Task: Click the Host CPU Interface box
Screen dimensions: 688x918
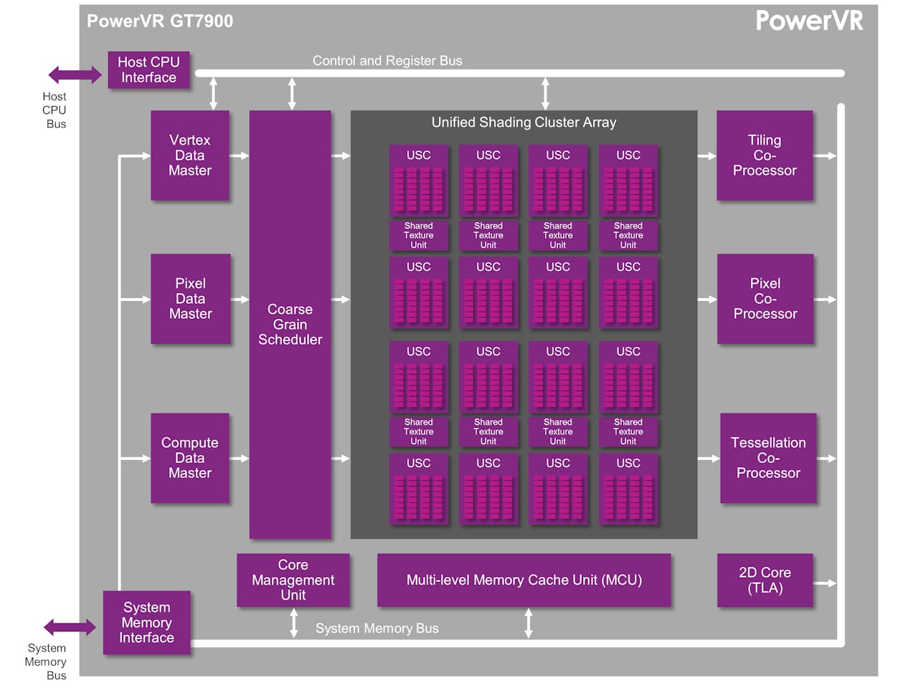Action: pyautogui.click(x=148, y=70)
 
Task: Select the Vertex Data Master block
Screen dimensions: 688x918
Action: pyautogui.click(x=190, y=156)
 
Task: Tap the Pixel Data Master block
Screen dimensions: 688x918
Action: pyautogui.click(x=191, y=299)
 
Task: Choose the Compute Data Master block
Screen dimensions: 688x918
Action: pyautogui.click(x=190, y=458)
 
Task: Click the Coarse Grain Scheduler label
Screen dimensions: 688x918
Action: pyautogui.click(x=290, y=325)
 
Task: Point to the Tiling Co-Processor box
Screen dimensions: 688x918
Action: pyautogui.click(x=765, y=156)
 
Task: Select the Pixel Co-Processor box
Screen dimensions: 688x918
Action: pyautogui.click(x=765, y=299)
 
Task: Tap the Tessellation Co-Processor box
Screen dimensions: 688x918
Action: pyautogui.click(x=768, y=458)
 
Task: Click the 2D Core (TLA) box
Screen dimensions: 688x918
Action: pyautogui.click(x=765, y=580)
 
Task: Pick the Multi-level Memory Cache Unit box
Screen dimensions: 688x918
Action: pyautogui.click(x=524, y=580)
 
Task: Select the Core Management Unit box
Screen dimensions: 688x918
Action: pyautogui.click(x=293, y=580)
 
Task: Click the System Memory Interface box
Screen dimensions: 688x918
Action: pyautogui.click(x=146, y=623)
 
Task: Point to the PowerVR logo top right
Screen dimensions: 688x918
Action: pyautogui.click(x=809, y=21)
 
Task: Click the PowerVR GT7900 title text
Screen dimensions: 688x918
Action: pyautogui.click(x=160, y=21)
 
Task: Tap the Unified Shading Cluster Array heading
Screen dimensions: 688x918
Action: pyautogui.click(x=524, y=123)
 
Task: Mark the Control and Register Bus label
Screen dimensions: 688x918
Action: pyautogui.click(x=387, y=61)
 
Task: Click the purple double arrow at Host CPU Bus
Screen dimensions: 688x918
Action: pyautogui.click(x=75, y=75)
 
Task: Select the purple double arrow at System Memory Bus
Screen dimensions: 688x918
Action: pyautogui.click(x=70, y=628)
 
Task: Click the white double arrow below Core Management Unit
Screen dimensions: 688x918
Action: pyautogui.click(x=293, y=623)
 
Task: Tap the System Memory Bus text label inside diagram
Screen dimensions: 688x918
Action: pyautogui.click(x=377, y=629)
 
